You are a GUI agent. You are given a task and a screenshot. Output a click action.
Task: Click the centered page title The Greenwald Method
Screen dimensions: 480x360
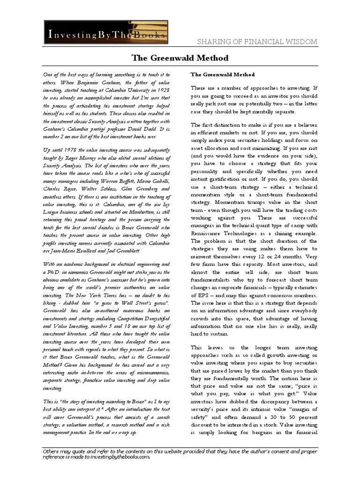point(180,58)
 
